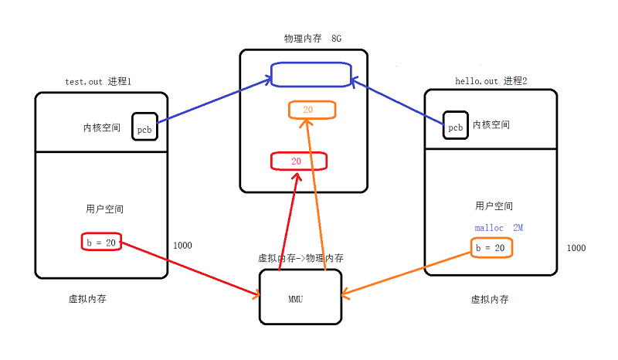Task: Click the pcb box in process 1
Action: pos(145,127)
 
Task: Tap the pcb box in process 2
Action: pos(456,125)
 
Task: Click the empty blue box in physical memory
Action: pos(310,75)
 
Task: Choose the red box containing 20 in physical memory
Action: pos(298,161)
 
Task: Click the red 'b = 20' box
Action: pos(100,242)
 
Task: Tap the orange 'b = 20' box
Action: pos(491,248)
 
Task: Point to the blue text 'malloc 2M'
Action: pos(498,228)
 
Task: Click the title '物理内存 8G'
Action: pos(312,38)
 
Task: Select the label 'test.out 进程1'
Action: pos(100,82)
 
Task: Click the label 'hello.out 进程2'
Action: pos(491,81)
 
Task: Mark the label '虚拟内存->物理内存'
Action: pos(301,258)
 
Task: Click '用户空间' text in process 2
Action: pos(494,206)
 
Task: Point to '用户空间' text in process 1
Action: pos(104,209)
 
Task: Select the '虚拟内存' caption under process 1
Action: pos(87,299)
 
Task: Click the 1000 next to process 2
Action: pos(576,248)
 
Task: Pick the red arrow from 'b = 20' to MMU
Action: pos(190,270)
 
